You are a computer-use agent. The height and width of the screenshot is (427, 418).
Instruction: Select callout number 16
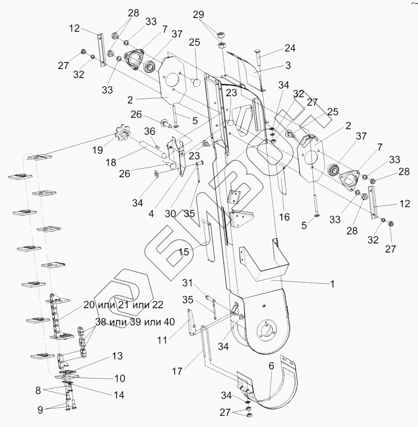(284, 217)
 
